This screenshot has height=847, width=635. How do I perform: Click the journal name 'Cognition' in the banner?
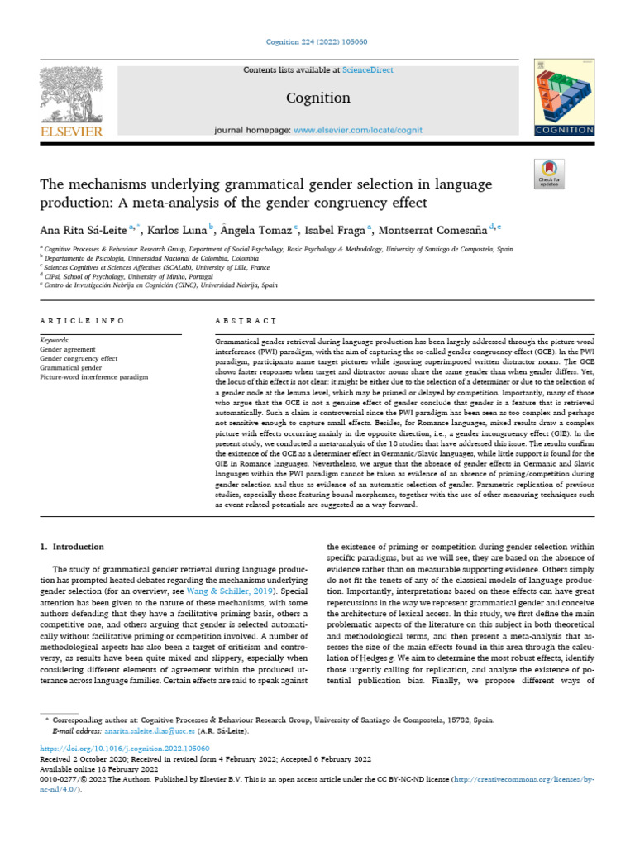pyautogui.click(x=317, y=98)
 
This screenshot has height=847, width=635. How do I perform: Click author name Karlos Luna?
pyautogui.click(x=182, y=229)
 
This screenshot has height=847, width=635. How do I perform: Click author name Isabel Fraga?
pyautogui.click(x=336, y=229)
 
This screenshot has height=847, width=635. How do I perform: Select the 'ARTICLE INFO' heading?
pyautogui.click(x=82, y=320)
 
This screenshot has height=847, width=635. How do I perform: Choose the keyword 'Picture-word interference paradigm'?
pyautogui.click(x=93, y=376)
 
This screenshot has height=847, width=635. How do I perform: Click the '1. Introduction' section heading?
pyautogui.click(x=73, y=547)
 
